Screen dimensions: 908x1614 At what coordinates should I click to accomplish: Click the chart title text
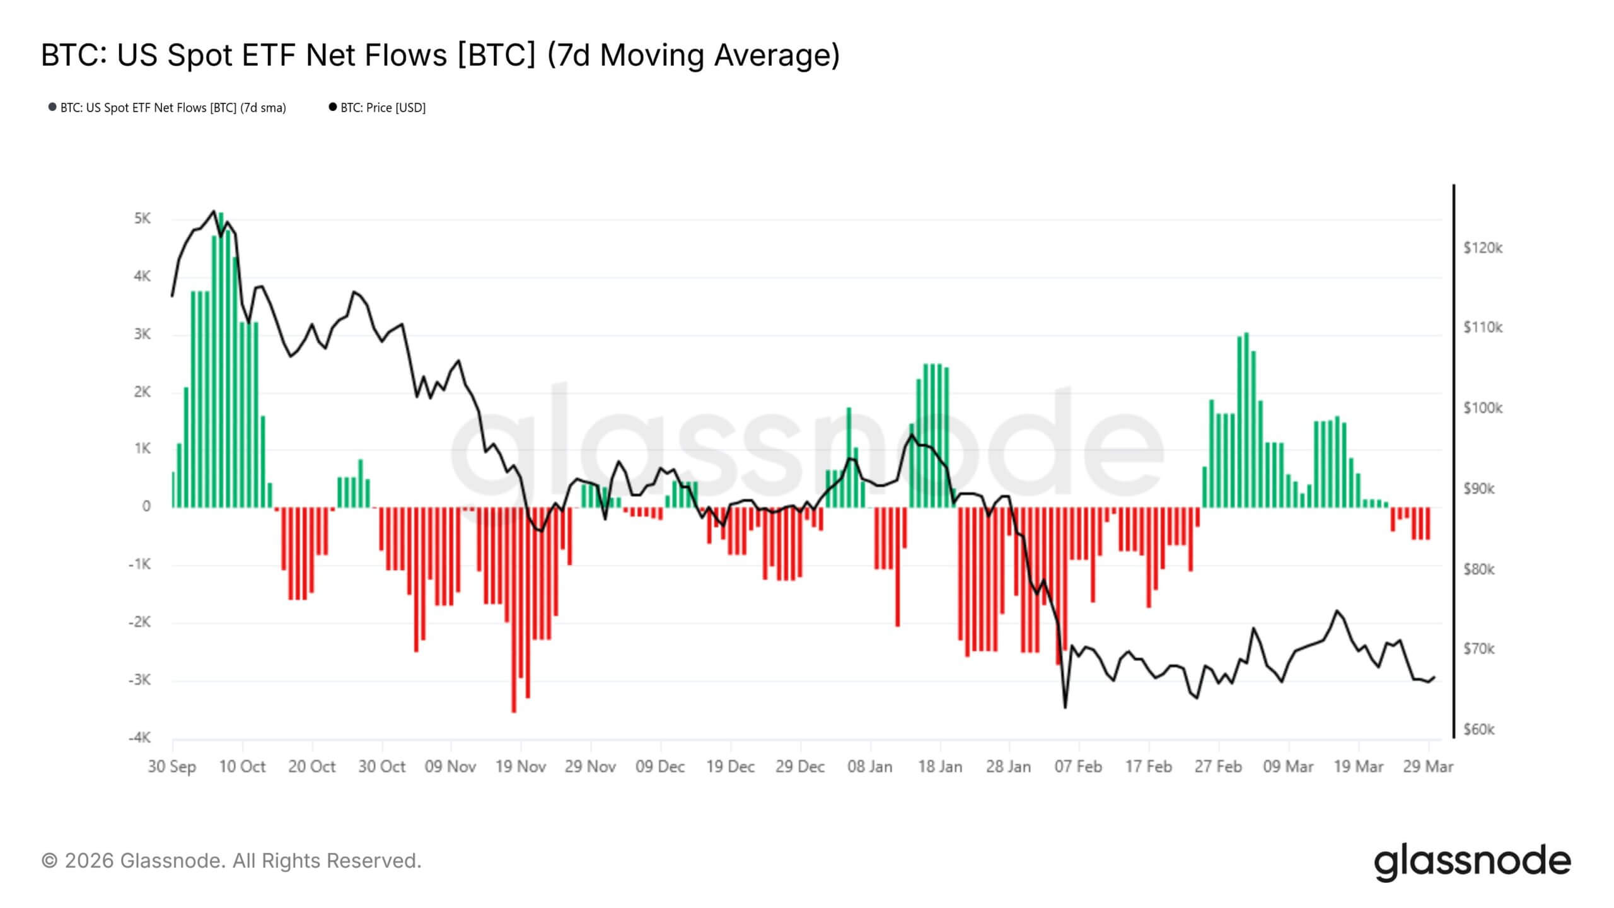point(440,55)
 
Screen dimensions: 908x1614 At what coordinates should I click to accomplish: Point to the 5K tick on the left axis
point(142,219)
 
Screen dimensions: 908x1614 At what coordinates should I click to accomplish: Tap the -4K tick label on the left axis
point(140,738)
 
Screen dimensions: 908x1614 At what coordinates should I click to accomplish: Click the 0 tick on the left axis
point(146,506)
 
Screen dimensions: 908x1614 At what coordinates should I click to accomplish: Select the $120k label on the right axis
point(1483,248)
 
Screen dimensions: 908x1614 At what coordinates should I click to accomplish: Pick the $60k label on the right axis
point(1478,730)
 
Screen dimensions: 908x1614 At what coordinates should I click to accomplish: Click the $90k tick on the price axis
point(1478,489)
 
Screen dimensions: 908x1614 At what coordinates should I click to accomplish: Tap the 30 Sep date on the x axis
point(172,767)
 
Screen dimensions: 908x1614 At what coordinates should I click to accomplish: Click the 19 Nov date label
point(521,767)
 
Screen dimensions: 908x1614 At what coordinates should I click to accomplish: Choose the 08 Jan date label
point(870,767)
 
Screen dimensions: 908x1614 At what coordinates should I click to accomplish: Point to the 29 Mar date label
point(1428,767)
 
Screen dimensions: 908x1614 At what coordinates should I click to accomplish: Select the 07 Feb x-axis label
point(1079,767)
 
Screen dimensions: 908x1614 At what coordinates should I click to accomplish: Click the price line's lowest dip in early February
point(1065,707)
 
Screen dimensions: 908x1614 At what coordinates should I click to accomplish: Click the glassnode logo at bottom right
point(1473,862)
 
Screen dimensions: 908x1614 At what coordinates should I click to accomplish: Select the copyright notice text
point(231,861)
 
